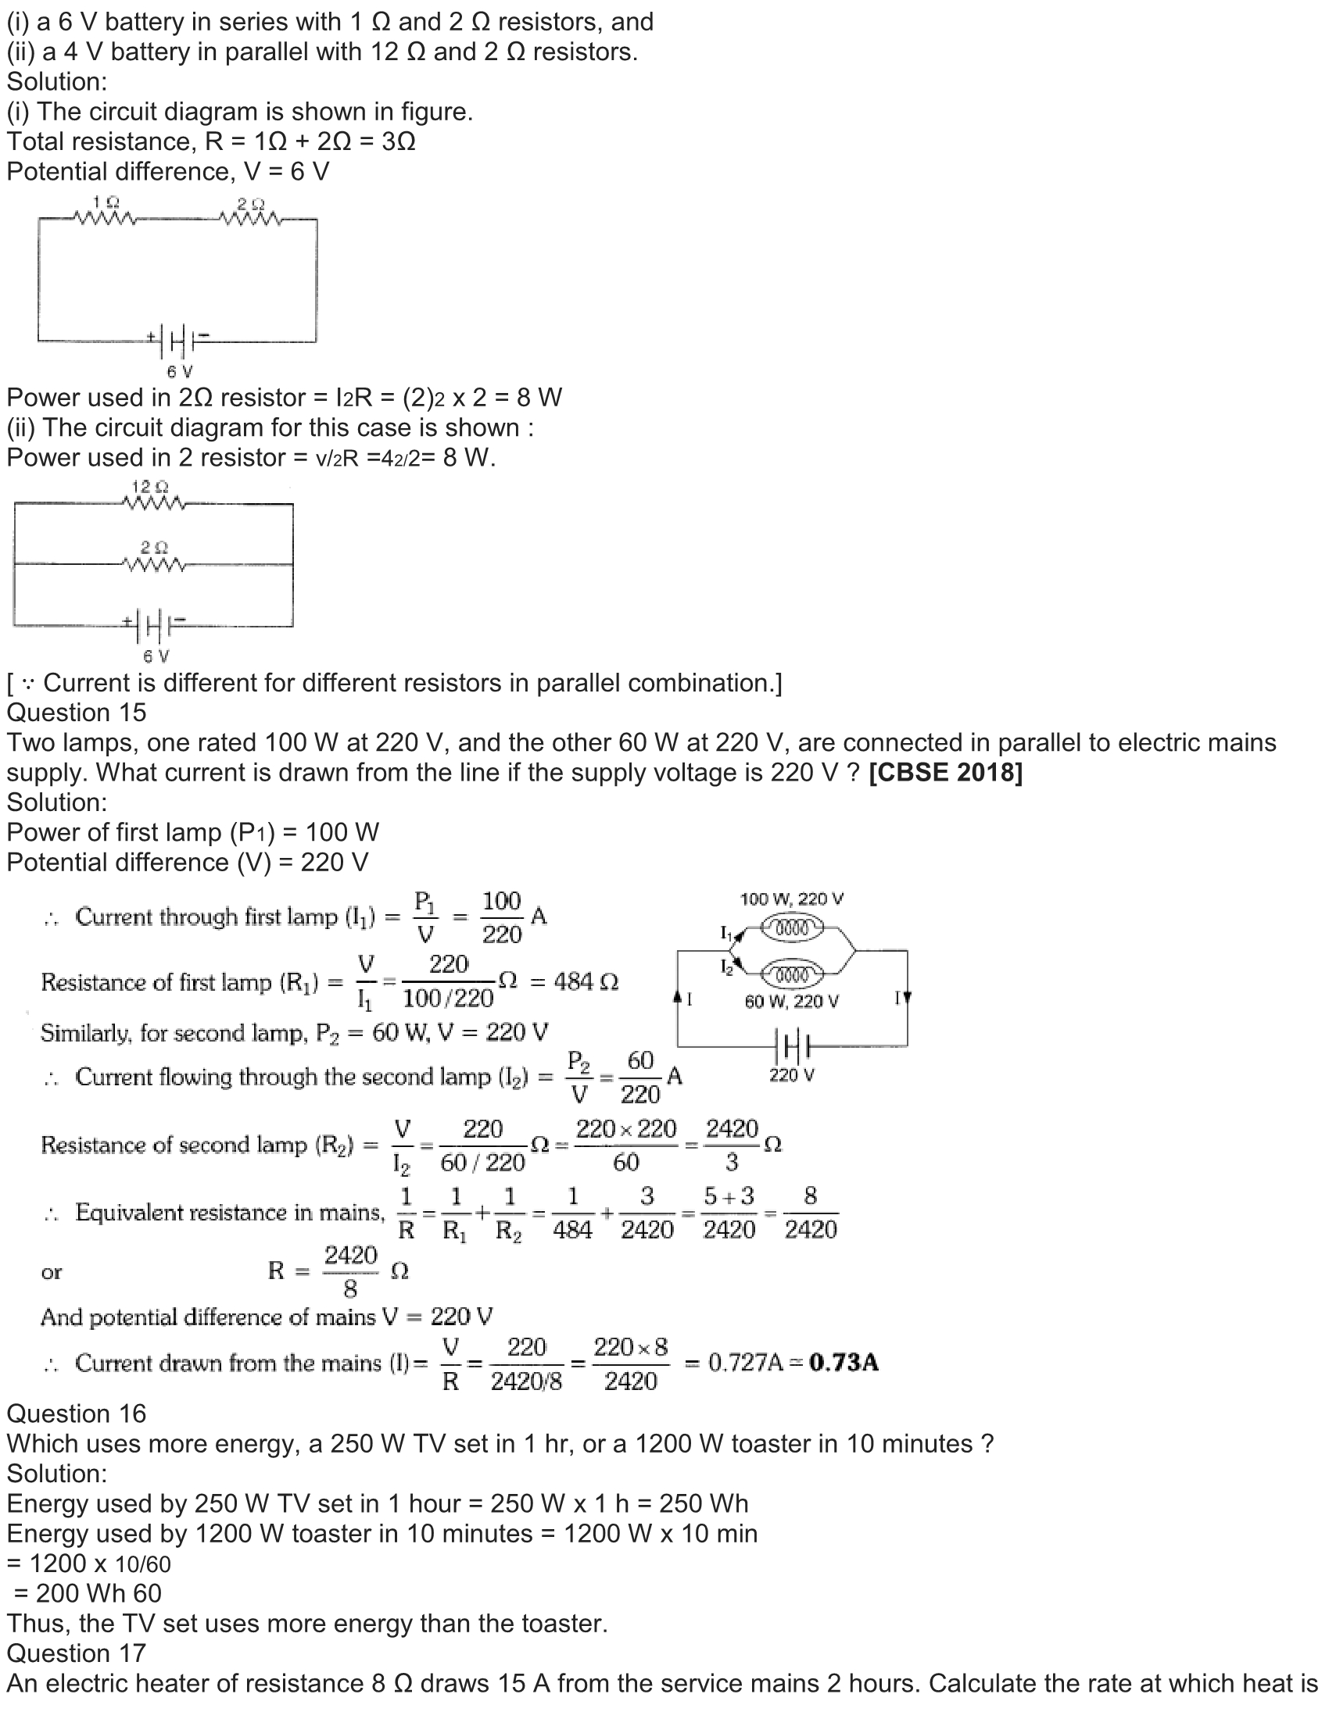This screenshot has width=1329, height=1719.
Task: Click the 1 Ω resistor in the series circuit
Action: [x=104, y=217]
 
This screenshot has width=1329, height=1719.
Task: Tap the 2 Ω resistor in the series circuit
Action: [x=250, y=217]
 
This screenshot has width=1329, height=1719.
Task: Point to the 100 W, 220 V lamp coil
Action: [x=793, y=930]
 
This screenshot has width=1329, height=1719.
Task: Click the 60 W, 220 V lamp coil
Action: [x=793, y=976]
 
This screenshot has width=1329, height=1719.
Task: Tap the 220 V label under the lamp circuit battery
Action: [x=791, y=1075]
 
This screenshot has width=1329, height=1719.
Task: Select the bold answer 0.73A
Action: [x=844, y=1363]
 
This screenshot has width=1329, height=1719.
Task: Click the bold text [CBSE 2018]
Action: [x=946, y=773]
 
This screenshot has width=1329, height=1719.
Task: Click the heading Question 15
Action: [x=77, y=713]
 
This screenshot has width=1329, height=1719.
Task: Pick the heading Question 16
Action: [x=77, y=1413]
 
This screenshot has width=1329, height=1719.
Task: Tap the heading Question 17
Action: [x=77, y=1653]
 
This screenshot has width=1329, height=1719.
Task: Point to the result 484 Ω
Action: [x=586, y=982]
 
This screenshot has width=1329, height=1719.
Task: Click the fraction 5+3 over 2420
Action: [x=729, y=1213]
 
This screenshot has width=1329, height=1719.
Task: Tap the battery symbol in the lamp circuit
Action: [x=793, y=1046]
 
